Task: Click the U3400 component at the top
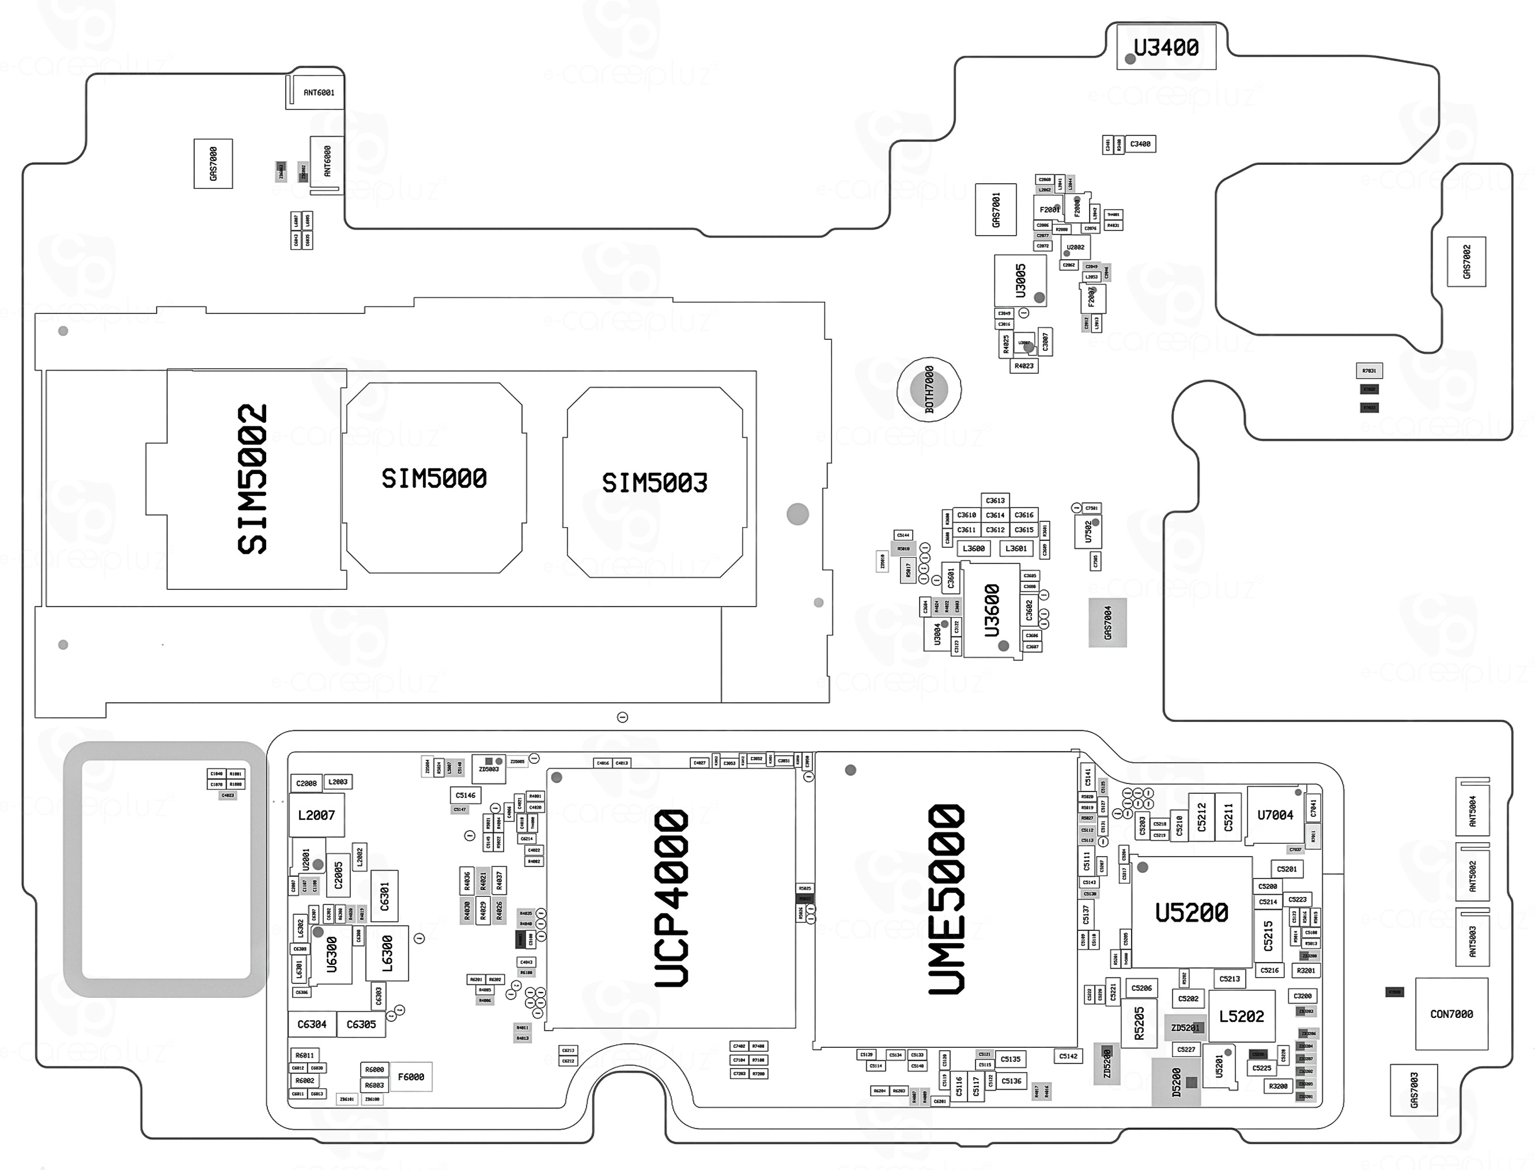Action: point(1166,47)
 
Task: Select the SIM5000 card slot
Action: point(433,479)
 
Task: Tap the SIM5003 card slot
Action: point(654,483)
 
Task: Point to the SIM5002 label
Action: point(252,479)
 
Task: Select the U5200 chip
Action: point(1192,912)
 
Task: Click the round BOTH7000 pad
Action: point(928,389)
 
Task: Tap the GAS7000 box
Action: point(213,164)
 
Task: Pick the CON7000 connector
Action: point(1451,1014)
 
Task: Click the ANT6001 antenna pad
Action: point(318,93)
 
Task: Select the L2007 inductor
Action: point(316,815)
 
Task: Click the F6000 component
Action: point(411,1077)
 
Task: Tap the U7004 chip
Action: point(1275,815)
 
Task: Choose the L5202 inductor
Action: point(1241,1016)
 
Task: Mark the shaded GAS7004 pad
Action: point(1107,622)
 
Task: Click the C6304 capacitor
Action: point(311,1024)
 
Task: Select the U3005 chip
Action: point(1020,280)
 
